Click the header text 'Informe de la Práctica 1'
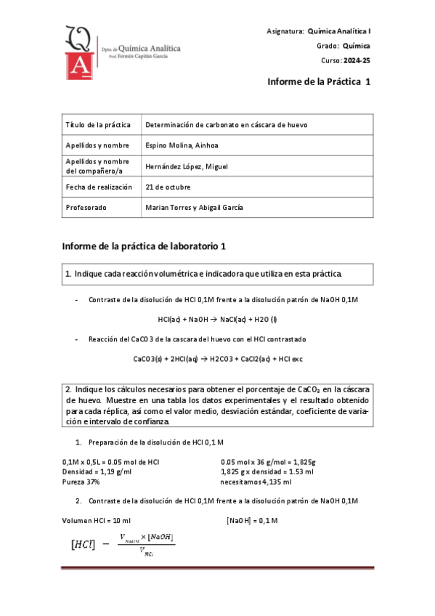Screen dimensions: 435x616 pyautogui.click(x=319, y=83)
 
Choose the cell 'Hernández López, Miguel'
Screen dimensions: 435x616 pyautogui.click(x=186, y=166)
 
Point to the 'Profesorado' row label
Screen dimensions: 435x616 pyautogui.click(x=86, y=207)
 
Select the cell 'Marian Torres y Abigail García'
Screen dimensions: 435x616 pyautogui.click(x=194, y=207)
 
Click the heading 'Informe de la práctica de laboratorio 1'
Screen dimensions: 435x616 pyautogui.click(x=145, y=246)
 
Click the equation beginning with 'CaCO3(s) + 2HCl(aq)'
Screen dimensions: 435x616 pyautogui.click(x=218, y=359)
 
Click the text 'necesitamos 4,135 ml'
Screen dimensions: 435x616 pyautogui.click(x=256, y=482)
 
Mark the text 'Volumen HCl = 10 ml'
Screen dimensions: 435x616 pyautogui.click(x=97, y=521)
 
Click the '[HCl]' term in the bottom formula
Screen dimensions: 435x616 pyautogui.click(x=82, y=544)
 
